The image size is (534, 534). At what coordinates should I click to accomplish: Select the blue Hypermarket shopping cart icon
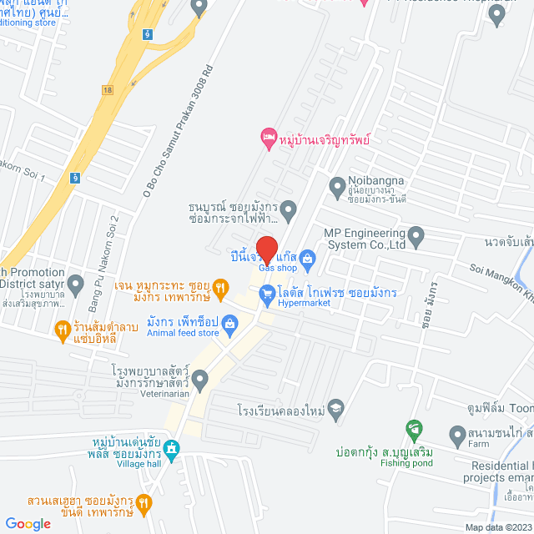tap(267, 293)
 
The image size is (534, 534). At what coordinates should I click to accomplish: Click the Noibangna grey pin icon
tap(337, 185)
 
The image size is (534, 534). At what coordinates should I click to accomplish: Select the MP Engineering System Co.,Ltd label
tap(365, 239)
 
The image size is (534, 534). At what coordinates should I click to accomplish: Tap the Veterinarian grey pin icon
tap(199, 376)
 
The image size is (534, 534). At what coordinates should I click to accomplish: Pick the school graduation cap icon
tap(335, 408)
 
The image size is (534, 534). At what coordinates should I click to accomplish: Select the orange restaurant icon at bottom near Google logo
tap(144, 502)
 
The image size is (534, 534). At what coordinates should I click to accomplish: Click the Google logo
tap(28, 523)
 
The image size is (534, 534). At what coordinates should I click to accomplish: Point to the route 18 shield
tap(108, 88)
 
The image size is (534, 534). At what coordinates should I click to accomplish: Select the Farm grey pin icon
tap(456, 435)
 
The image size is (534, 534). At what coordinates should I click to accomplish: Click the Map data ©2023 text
tap(497, 527)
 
